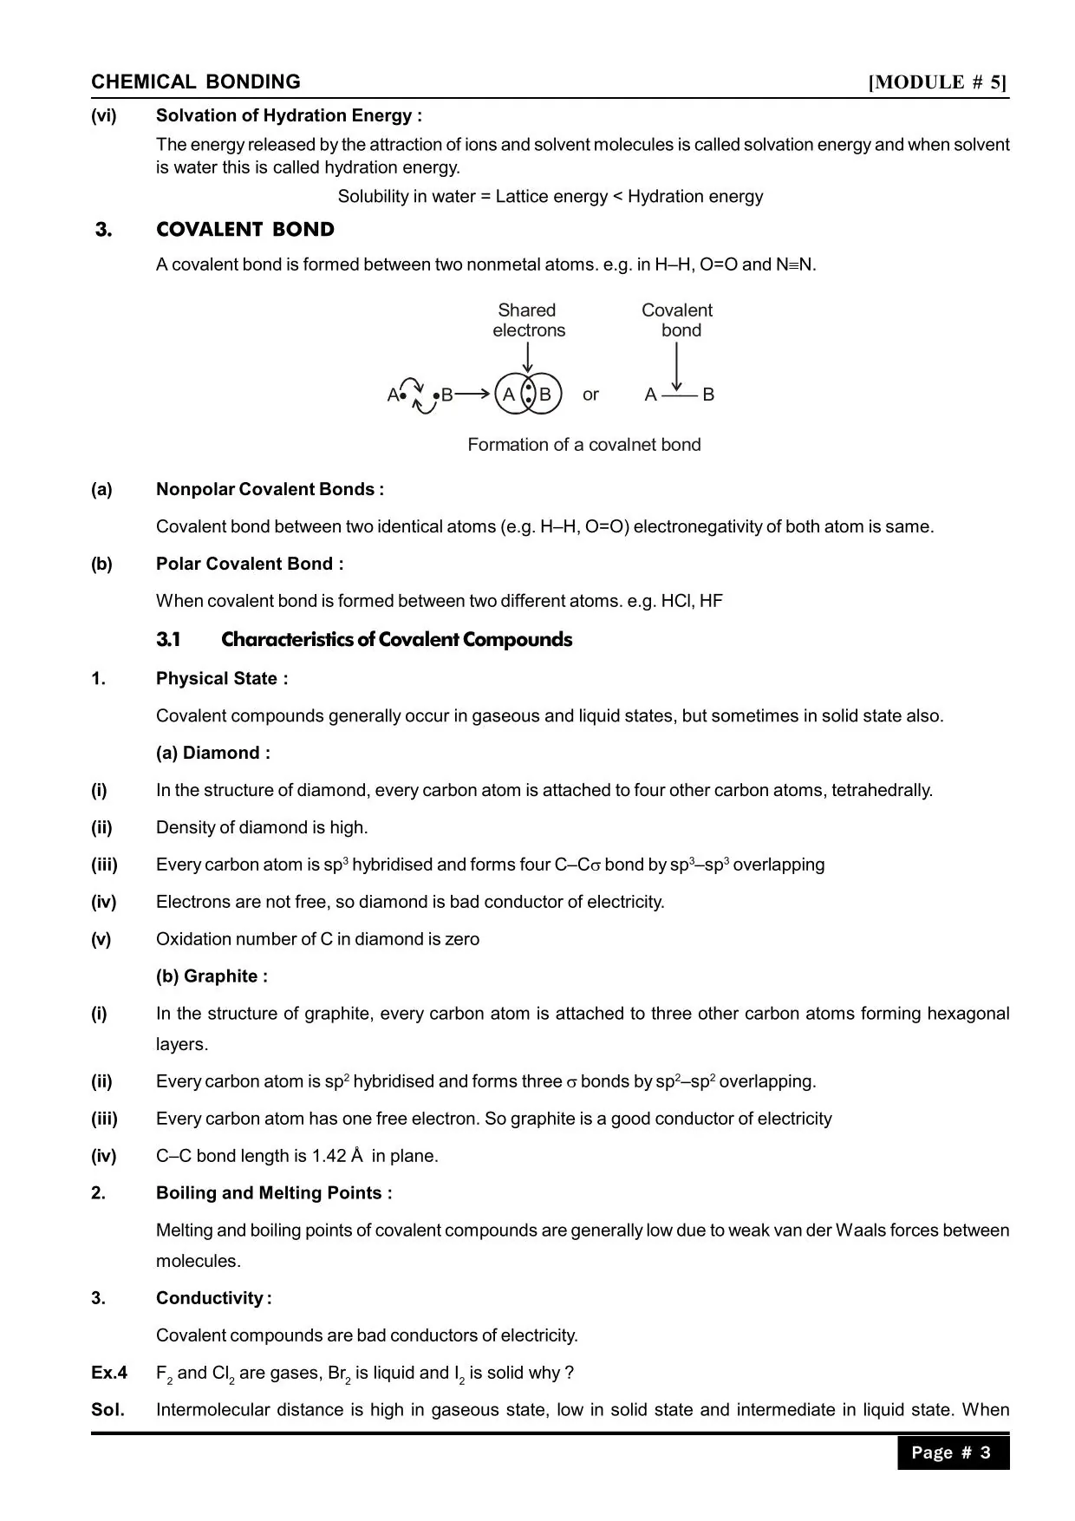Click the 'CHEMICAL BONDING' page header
tap(196, 82)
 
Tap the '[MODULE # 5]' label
tap(938, 82)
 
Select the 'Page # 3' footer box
tap(953, 1452)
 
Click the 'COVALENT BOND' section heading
tap(245, 230)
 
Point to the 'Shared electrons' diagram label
tap(528, 320)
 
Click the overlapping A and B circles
tap(528, 395)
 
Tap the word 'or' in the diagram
tap(590, 395)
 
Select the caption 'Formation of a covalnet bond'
tap(584, 445)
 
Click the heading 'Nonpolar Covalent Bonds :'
tap(270, 489)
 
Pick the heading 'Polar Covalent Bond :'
tap(250, 564)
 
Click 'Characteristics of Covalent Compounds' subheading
tap(396, 640)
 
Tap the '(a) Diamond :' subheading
tap(213, 753)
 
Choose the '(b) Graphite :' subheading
tap(212, 976)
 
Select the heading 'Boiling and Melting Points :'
tap(274, 1193)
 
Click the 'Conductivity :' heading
tap(213, 1298)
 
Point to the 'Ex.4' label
tap(109, 1373)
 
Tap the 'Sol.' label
tap(108, 1410)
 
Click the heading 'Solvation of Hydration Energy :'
tap(289, 115)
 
